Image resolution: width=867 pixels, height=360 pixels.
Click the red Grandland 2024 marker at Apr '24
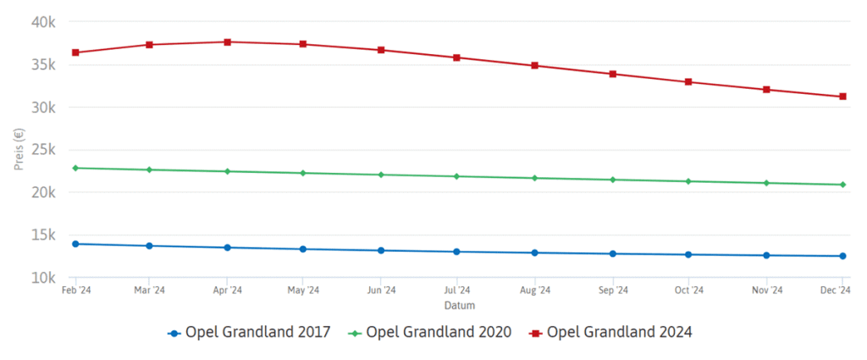tap(227, 42)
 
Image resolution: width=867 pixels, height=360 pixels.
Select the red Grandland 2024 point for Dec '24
tap(843, 97)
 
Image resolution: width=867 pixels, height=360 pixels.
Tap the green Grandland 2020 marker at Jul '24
tap(457, 176)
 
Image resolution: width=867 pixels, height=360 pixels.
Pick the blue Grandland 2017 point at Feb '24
tap(75, 244)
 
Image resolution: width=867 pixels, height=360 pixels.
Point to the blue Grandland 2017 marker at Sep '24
tap(612, 254)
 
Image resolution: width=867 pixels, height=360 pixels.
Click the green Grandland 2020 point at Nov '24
tap(766, 183)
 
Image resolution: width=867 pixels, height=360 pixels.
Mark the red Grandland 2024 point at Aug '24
tap(534, 65)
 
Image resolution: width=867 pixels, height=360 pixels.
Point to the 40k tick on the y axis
tap(42, 21)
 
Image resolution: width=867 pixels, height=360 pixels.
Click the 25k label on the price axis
tap(42, 150)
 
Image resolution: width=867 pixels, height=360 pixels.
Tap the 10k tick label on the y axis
tap(42, 278)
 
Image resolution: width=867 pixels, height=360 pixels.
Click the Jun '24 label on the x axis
tap(381, 291)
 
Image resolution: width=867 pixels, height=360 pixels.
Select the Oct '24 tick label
tap(689, 291)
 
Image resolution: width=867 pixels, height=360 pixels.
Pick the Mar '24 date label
tap(150, 291)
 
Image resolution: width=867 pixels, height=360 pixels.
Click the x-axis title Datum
tap(459, 304)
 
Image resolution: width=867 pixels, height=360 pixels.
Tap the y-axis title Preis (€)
tap(19, 149)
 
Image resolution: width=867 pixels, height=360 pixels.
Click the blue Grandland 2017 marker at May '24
tap(303, 249)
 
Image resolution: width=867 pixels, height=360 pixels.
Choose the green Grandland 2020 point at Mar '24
tap(150, 169)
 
